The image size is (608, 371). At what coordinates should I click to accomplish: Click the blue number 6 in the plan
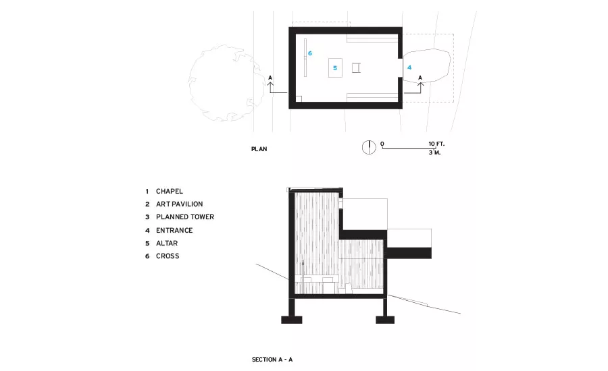click(310, 53)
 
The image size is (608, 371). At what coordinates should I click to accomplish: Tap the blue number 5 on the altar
click(335, 68)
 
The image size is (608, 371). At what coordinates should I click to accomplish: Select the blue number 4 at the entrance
click(409, 67)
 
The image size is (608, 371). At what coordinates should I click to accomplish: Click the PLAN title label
click(259, 149)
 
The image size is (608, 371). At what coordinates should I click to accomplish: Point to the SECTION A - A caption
click(272, 360)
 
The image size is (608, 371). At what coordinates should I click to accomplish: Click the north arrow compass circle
click(369, 147)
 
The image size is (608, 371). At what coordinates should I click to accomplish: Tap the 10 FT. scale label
click(436, 144)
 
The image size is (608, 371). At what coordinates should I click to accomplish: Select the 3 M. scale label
click(434, 152)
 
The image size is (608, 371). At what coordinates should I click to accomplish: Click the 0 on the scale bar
click(382, 144)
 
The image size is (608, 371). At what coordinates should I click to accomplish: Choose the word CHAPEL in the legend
click(170, 192)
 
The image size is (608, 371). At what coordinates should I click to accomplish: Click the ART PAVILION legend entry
click(180, 204)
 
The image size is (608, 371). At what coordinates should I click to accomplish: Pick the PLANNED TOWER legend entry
click(185, 217)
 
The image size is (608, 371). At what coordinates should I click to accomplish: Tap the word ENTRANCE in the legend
click(174, 231)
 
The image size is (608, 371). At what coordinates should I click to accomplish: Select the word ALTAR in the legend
click(167, 244)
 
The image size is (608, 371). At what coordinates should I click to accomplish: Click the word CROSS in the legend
click(168, 256)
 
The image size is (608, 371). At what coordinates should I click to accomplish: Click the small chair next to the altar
click(356, 68)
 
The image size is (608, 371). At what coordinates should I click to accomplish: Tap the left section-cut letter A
click(270, 78)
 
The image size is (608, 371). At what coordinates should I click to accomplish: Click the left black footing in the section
click(292, 320)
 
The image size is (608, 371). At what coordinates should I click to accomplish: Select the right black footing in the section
click(385, 320)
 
